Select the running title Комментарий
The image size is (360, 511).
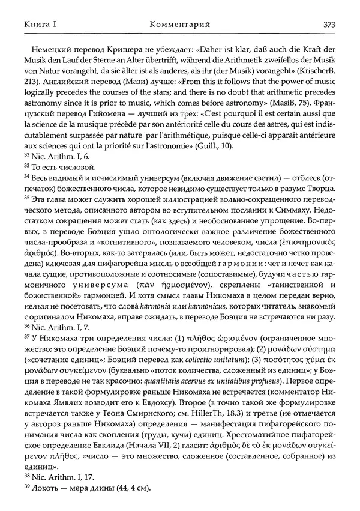pos(179,24)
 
